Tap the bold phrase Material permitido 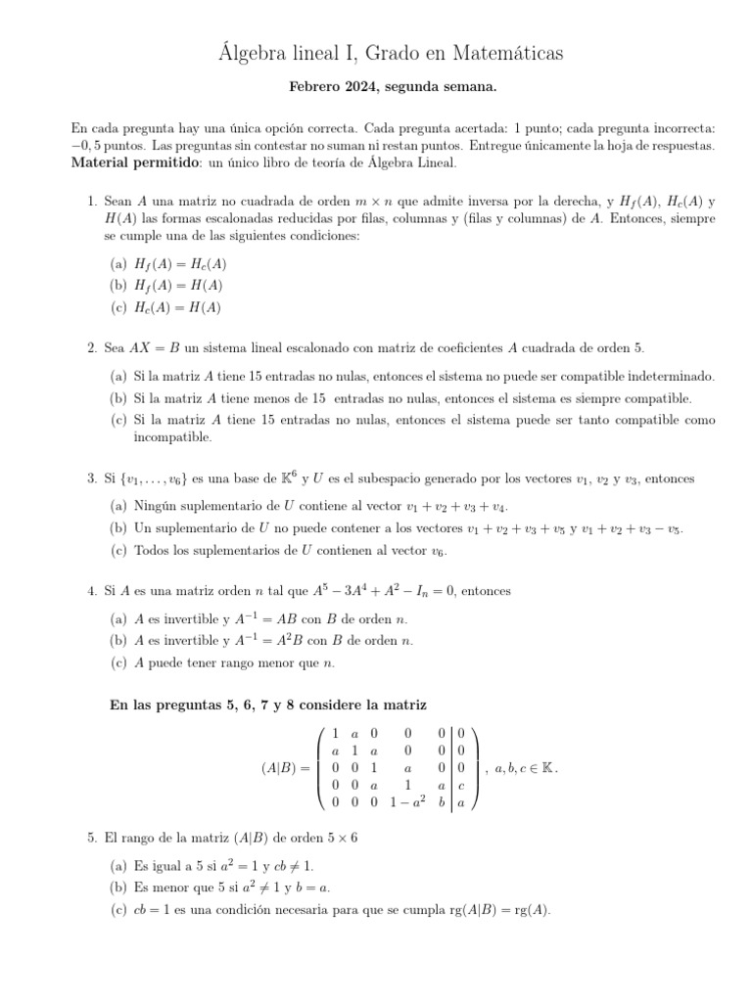136,162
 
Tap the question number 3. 90,478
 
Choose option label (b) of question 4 117,640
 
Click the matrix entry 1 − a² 406,802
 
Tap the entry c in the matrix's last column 461,785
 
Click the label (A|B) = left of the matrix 286,768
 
